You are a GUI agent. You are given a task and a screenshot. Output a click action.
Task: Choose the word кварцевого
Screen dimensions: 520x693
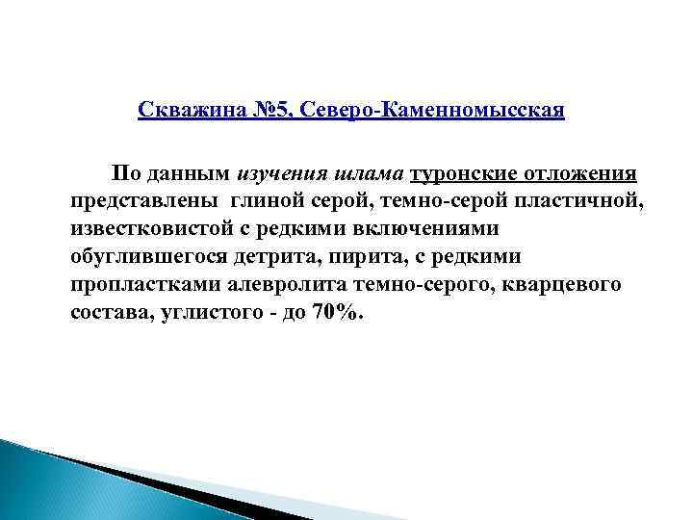coord(570,286)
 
